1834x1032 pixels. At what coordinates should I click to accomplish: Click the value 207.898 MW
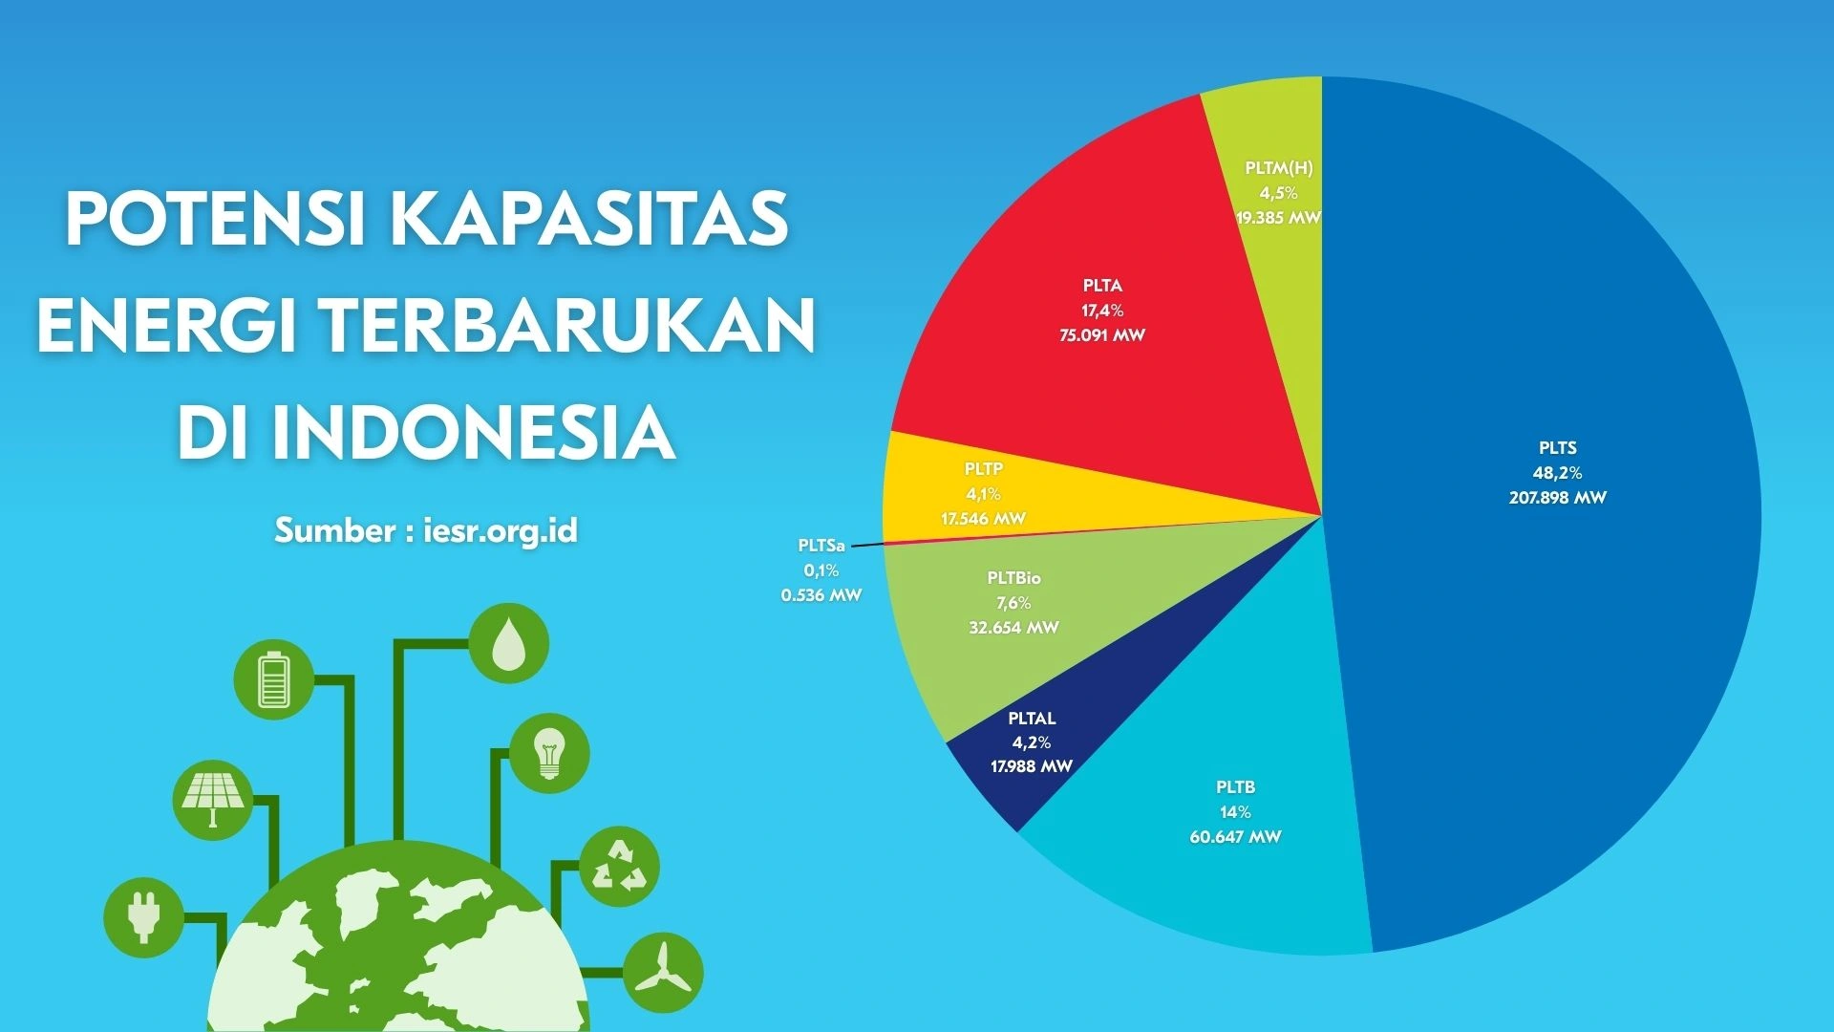1557,498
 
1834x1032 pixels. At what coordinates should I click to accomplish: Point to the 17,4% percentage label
1102,311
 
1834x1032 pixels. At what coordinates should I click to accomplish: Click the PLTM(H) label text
1278,168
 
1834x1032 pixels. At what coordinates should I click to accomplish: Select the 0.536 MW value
821,595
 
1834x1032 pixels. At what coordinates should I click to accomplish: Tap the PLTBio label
1013,578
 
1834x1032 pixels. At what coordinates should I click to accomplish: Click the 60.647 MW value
1235,837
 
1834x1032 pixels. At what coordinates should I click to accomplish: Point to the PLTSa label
821,546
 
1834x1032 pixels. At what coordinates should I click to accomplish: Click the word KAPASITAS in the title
589,219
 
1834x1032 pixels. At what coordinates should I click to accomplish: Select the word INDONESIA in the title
474,433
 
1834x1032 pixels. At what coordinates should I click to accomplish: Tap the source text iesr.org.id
500,530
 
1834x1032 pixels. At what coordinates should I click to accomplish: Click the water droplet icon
508,643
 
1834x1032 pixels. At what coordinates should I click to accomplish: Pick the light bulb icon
549,753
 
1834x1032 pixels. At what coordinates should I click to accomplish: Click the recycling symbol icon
619,867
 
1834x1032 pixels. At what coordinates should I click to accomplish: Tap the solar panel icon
213,800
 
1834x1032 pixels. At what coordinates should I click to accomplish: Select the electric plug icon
143,916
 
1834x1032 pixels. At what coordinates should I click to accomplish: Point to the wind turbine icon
663,973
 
